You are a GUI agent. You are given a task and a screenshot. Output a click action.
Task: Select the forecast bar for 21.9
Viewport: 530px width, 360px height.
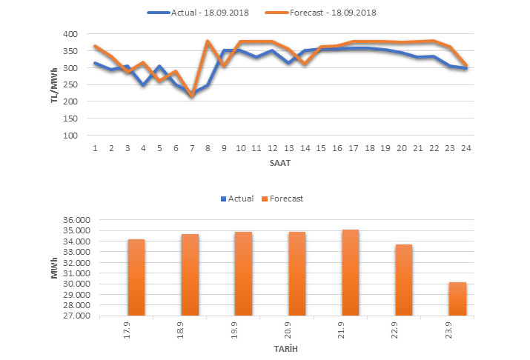point(350,273)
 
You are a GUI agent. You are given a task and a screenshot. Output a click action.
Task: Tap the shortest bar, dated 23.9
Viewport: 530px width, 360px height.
point(457,299)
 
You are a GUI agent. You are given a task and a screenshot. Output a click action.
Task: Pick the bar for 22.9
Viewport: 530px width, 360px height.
point(403,280)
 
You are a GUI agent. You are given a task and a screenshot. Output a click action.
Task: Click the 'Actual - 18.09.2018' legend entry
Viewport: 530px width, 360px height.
point(196,12)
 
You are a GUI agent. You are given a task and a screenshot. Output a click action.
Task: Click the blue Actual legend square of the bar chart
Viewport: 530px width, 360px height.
point(224,199)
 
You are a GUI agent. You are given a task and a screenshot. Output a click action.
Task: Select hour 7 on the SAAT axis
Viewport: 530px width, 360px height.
point(192,148)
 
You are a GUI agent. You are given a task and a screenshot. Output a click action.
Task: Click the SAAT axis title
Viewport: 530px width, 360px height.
point(279,161)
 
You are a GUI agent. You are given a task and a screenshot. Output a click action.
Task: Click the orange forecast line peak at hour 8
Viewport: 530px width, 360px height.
point(208,41)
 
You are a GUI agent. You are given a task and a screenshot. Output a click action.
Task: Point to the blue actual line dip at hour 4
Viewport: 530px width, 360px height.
point(144,85)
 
